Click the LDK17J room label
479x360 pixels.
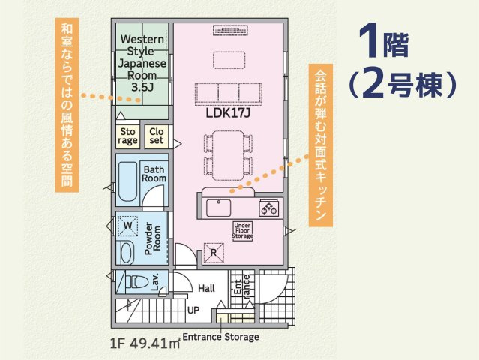(228, 113)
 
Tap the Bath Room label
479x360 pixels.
(154, 174)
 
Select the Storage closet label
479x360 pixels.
(127, 136)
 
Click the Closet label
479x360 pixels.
(157, 136)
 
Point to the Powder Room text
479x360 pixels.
(153, 238)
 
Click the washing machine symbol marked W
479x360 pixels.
(127, 226)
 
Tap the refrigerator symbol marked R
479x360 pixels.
(214, 253)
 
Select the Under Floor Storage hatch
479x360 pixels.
(243, 231)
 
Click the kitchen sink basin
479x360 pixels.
(218, 208)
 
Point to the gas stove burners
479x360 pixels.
(269, 208)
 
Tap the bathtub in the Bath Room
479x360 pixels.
(127, 181)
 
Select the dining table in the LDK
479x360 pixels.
(229, 155)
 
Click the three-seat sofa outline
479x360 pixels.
(229, 94)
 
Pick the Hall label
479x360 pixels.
(206, 288)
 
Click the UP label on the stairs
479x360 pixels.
(193, 310)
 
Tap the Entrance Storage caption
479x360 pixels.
(220, 337)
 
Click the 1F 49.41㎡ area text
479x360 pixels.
(145, 343)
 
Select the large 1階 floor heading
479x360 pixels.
(384, 42)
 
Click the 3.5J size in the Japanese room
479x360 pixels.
(142, 87)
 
